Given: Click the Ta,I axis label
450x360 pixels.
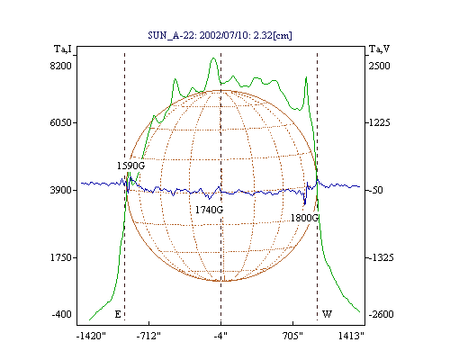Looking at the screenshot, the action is point(63,49).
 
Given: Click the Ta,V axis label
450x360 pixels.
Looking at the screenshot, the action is point(379,49).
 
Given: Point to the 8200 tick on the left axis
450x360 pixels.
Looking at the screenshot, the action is point(61,66).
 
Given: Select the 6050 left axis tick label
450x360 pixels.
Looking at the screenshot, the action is point(61,122).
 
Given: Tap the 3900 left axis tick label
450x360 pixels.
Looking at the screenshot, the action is point(61,190).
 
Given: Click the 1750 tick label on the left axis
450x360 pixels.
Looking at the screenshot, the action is point(61,257).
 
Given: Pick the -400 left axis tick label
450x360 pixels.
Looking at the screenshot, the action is point(62,314).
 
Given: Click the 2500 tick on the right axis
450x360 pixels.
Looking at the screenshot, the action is point(379,66).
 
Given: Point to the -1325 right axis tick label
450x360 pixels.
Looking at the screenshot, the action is point(381,257).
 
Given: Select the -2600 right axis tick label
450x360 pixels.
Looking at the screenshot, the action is point(381,314).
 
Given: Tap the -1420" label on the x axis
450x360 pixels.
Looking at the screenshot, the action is point(91,336).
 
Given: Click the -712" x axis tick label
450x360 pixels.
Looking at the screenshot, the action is point(148,336).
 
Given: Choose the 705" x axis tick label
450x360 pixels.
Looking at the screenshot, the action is point(292,336).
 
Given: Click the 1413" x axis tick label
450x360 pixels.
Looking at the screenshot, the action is point(351,336).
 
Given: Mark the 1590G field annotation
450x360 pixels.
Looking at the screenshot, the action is point(130,166).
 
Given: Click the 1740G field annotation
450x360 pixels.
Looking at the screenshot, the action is point(209,210).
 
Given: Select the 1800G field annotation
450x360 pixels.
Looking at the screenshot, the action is point(304,218).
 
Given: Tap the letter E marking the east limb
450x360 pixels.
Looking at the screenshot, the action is point(118,314).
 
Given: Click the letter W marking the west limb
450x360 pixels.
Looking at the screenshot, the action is point(327,314).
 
